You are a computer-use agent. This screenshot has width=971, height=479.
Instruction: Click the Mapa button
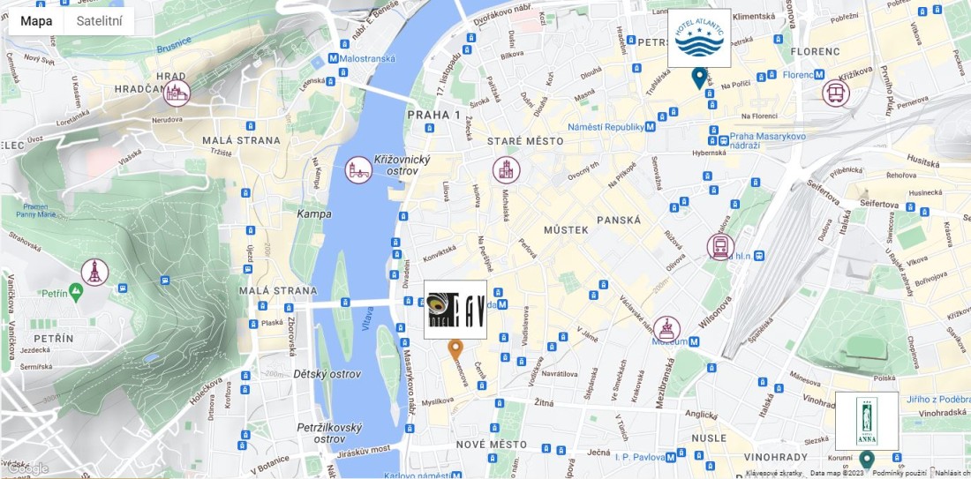pos(36,21)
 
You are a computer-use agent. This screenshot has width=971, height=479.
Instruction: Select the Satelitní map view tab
pos(99,21)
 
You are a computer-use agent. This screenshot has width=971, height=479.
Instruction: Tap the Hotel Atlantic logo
pos(699,39)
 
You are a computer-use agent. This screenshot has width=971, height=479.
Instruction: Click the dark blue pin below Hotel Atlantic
pos(699,78)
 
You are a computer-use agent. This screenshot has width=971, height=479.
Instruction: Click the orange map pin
pos(455,349)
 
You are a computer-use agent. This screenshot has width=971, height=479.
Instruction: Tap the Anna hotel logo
pos(867,421)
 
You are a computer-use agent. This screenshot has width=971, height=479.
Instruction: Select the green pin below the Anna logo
pos(867,460)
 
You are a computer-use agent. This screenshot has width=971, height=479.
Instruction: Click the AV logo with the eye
pos(455,310)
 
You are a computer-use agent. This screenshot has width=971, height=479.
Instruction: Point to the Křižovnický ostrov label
pos(402,163)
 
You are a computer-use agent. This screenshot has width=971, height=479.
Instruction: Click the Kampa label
pos(314,213)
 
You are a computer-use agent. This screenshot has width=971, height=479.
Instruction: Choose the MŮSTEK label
pos(566,229)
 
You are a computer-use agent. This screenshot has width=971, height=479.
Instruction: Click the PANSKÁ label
pos(618,220)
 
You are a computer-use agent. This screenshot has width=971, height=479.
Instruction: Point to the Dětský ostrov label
pos(327,374)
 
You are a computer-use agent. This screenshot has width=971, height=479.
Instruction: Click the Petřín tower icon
pos(94,272)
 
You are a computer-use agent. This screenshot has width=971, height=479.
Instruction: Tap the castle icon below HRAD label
pos(177,93)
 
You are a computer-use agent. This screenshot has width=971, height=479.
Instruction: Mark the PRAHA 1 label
pos(433,115)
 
